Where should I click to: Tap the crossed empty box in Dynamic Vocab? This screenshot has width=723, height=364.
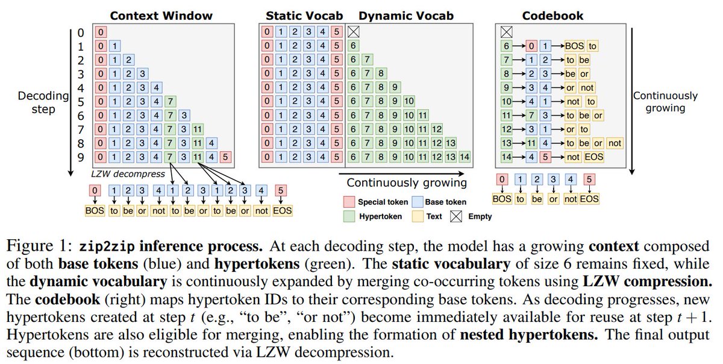pos(354,31)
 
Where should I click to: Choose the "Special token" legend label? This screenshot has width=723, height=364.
pos(383,202)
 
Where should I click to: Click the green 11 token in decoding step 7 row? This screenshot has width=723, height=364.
pos(198,129)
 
